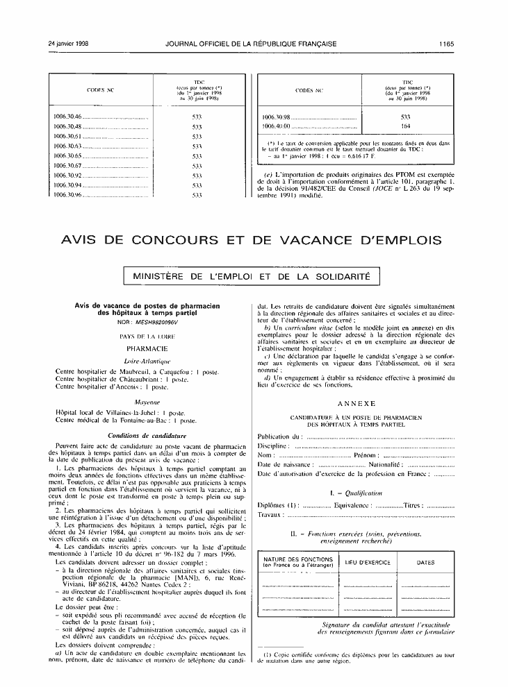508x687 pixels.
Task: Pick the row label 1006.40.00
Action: (x=276, y=126)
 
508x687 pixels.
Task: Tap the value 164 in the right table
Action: (x=407, y=126)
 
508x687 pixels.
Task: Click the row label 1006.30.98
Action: (x=276, y=117)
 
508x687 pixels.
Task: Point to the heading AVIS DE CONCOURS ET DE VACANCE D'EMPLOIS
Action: (x=252, y=240)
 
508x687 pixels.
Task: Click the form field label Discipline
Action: (x=272, y=445)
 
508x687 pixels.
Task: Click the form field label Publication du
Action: (x=280, y=436)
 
